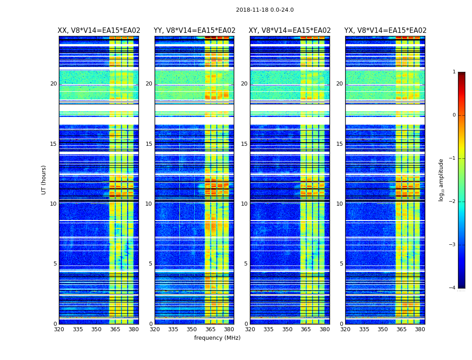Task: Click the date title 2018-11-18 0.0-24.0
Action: pos(265,10)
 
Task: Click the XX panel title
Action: pos(99,31)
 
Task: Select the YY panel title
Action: pos(195,31)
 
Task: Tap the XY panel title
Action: pos(290,31)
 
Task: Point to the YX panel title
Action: pos(385,31)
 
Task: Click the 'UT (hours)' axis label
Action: pos(44,180)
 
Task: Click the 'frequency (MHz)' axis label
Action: pos(217,338)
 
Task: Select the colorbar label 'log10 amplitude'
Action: pos(441,180)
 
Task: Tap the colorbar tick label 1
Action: pos(454,72)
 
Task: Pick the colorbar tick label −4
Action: pos(453,288)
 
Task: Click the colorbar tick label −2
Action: pos(453,202)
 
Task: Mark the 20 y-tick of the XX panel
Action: pos(53,84)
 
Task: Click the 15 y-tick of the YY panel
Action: pos(149,144)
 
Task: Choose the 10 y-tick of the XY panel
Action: pos(244,204)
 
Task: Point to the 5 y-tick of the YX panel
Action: pos(341,264)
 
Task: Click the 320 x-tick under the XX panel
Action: pos(59,329)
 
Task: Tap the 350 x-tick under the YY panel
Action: pos(192,329)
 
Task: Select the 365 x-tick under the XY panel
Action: pos(306,329)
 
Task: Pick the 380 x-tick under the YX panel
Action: pos(420,329)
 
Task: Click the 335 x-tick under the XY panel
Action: pos(268,329)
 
